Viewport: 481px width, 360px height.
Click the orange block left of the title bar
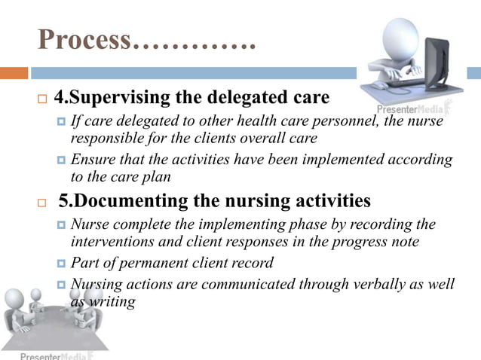point(14,73)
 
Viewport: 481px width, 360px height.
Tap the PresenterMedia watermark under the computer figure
point(413,108)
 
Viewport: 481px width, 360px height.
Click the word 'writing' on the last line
point(112,301)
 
